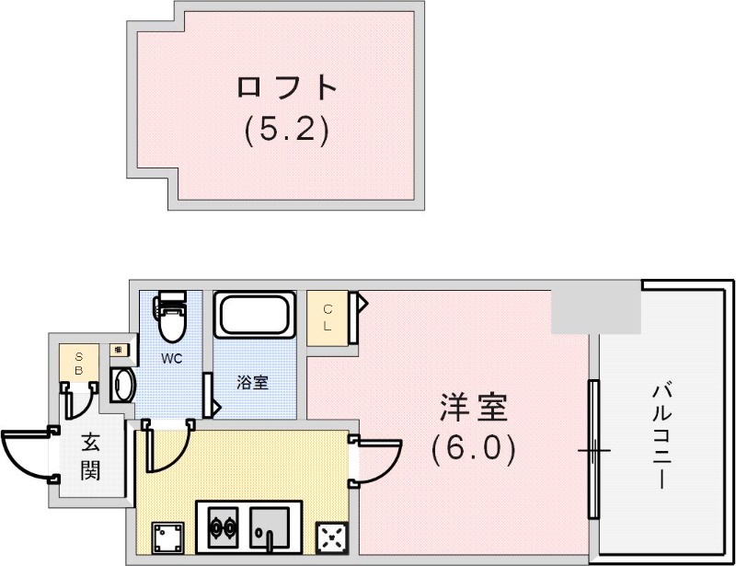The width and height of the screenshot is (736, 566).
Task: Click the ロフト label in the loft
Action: (287, 87)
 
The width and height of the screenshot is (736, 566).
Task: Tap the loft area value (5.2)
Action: (287, 130)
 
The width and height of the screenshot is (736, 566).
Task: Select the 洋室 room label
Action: (474, 407)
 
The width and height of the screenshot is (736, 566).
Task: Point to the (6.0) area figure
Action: (474, 448)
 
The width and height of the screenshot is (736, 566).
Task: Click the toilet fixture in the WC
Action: (171, 318)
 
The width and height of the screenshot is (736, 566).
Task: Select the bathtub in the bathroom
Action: (256, 317)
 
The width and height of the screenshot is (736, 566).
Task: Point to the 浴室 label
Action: (253, 383)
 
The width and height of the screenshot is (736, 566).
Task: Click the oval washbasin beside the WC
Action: (122, 385)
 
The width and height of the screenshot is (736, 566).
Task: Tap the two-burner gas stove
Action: (222, 528)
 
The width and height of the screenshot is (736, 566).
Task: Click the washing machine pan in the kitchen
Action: (167, 537)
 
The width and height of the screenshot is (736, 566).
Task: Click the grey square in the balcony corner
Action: (594, 309)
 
